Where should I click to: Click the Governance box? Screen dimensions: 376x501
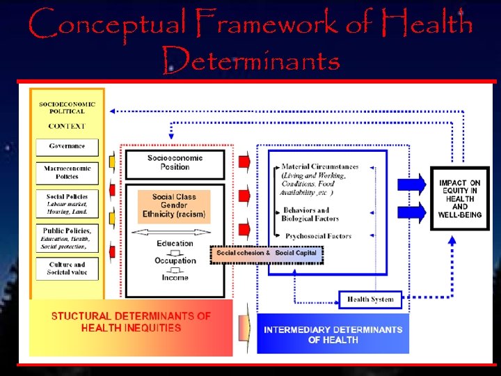(67, 147)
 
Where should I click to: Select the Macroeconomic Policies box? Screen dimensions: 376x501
(67, 173)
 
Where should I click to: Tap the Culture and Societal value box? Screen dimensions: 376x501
(67, 269)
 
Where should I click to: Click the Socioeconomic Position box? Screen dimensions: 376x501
(175, 164)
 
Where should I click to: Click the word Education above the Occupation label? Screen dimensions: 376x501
(175, 244)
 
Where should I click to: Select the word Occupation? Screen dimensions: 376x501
(175, 261)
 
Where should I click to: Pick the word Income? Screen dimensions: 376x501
(175, 278)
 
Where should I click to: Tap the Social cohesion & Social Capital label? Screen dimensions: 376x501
(267, 253)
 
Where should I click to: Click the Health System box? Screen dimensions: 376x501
(370, 299)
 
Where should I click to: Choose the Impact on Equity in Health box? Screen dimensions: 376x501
(459, 198)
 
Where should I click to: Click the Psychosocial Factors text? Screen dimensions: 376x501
(318, 237)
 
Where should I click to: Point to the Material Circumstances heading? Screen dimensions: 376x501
(319, 167)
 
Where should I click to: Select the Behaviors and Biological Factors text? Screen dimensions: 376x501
(310, 214)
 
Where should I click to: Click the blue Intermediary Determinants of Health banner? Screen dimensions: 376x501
(333, 334)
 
